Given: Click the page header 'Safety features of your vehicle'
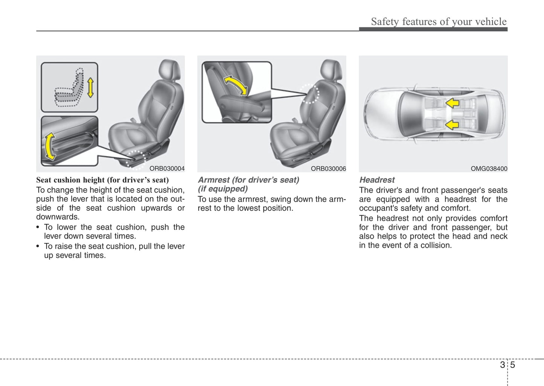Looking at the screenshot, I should tap(439, 22).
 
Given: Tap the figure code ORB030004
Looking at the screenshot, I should tap(167, 169).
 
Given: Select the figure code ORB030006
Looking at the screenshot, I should tap(328, 169).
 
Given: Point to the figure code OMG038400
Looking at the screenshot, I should tap(489, 169).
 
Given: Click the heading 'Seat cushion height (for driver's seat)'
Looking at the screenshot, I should tap(102, 180).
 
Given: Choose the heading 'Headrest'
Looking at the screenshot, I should tap(377, 180).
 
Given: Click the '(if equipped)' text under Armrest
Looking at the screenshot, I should tap(223, 189).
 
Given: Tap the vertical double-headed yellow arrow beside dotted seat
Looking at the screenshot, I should tap(90, 88).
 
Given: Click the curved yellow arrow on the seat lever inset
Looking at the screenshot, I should tap(49, 146).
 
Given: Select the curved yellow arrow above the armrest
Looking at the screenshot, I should tap(236, 85).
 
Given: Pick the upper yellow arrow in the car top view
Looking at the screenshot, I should tap(452, 103).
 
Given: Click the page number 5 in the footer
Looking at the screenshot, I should tap(512, 365).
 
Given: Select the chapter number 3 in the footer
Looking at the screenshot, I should tap(502, 365).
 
